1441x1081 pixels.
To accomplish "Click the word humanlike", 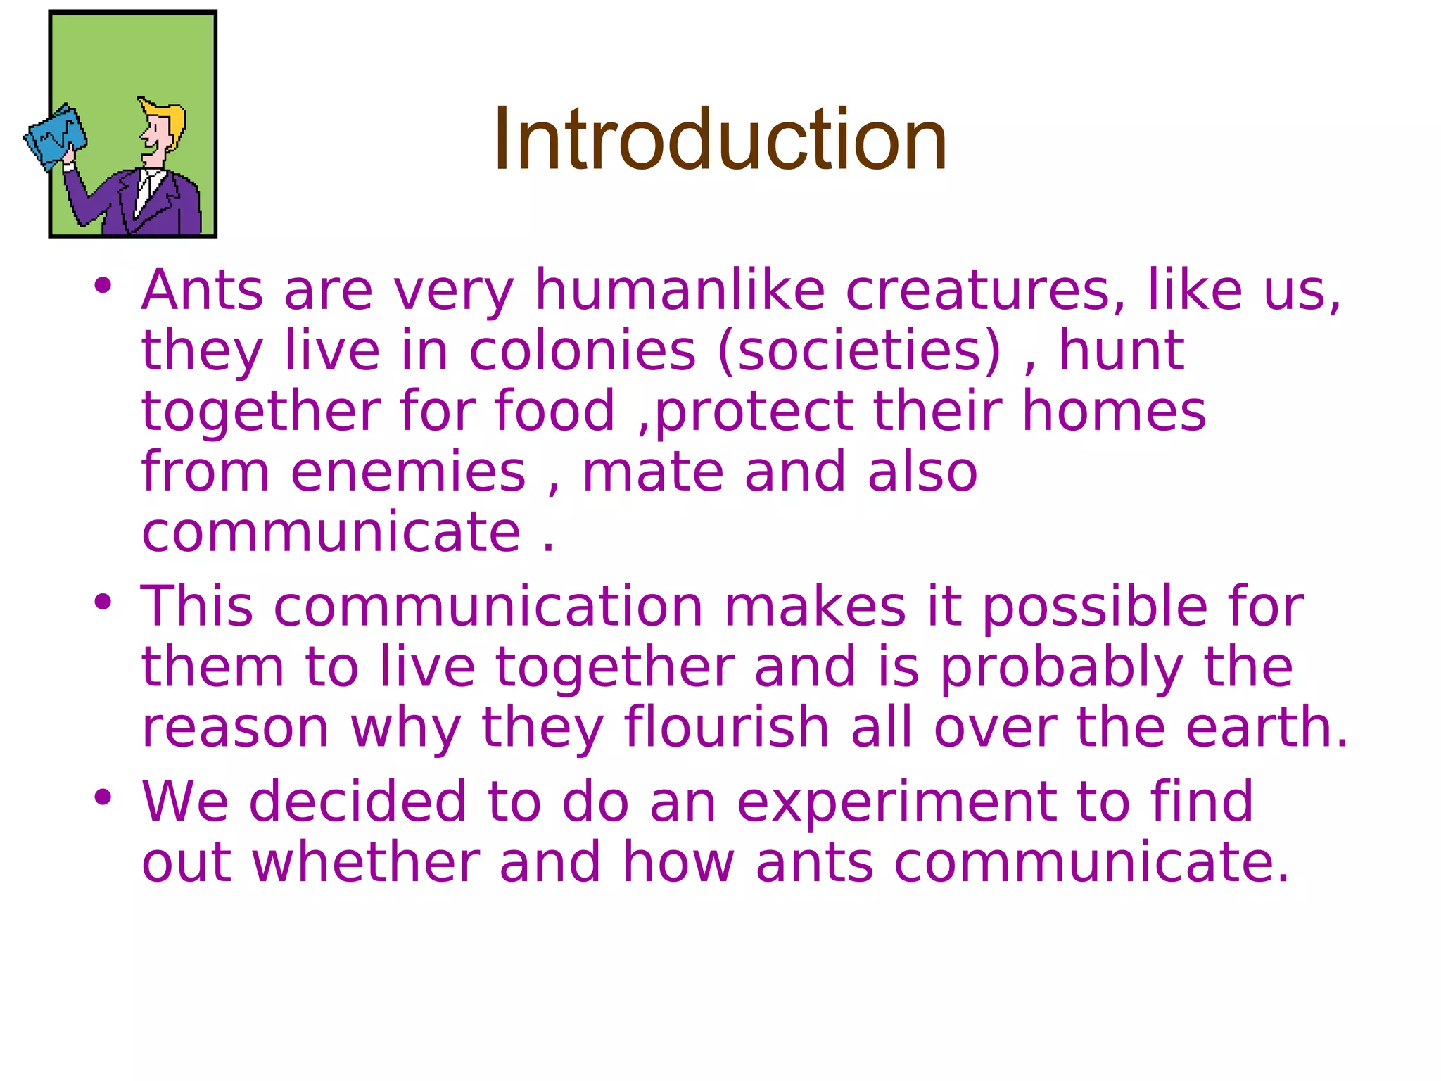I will (x=680, y=290).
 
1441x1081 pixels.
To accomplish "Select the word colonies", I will (x=583, y=350).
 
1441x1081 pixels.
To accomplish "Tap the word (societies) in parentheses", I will (x=859, y=350).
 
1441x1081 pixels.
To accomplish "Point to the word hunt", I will (x=1122, y=350).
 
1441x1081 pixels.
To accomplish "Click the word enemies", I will (x=408, y=472).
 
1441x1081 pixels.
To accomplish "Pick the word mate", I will (x=653, y=472).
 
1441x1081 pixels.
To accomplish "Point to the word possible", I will (x=1095, y=607).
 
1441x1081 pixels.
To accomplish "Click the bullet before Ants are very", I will (x=103, y=286).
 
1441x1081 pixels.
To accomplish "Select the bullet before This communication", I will (x=103, y=602).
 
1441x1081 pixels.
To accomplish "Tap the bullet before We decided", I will (x=103, y=797).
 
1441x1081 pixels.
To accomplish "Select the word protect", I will (x=754, y=411).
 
